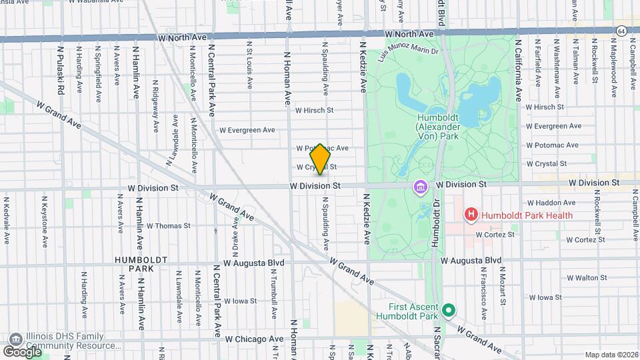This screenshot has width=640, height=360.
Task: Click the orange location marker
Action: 320,159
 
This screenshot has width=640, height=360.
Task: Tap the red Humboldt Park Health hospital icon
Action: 471,215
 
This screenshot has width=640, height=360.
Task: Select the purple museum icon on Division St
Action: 421,187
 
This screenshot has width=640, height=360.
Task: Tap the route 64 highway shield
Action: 621,31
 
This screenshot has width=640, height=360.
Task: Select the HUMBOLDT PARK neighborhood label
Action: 133,263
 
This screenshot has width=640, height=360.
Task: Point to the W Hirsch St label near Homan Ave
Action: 314,110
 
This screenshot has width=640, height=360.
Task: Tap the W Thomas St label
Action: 169,226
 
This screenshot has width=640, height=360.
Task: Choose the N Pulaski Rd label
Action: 61,70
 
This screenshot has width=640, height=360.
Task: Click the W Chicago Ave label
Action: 254,339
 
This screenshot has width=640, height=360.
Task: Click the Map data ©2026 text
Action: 611,355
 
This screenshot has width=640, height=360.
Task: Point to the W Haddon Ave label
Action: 551,203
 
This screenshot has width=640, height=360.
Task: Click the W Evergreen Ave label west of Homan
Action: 247,130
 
